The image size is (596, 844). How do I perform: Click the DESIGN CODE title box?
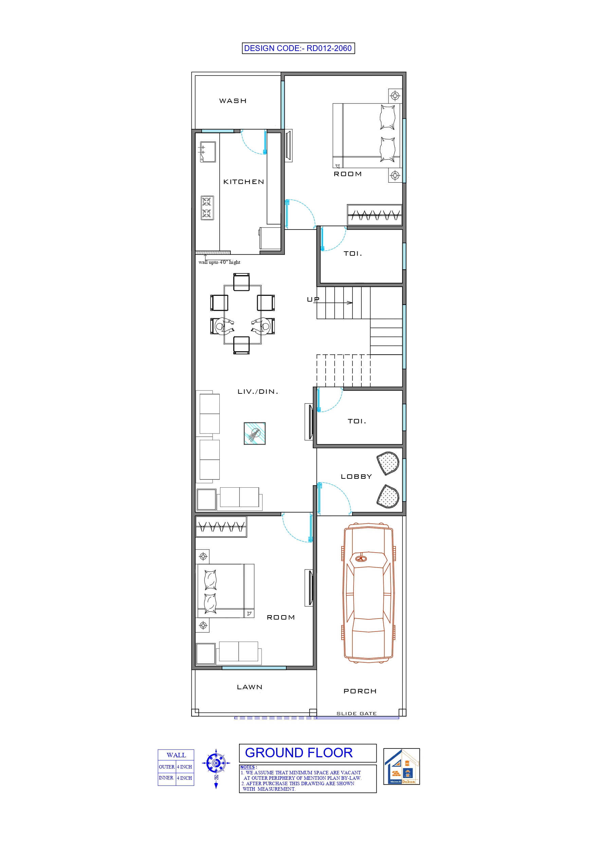(x=298, y=48)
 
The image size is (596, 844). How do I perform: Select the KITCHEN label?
(x=243, y=182)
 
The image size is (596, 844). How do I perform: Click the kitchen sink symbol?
(x=208, y=152)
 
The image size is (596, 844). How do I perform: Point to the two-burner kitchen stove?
(x=207, y=208)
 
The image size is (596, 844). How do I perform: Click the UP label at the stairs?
(x=313, y=300)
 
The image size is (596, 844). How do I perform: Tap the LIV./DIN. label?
(x=258, y=391)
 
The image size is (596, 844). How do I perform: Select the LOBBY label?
(x=356, y=476)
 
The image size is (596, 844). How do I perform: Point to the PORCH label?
(x=360, y=691)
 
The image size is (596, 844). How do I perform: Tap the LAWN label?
(x=249, y=687)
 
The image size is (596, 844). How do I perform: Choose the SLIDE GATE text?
(x=357, y=713)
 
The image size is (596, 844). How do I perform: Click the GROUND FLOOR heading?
(x=299, y=753)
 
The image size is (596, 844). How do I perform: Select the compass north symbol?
(x=216, y=764)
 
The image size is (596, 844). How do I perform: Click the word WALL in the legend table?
(x=176, y=755)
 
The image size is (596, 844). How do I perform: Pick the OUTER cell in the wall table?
(x=167, y=767)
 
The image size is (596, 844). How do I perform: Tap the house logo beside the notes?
(x=401, y=766)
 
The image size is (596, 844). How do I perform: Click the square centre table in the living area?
(x=254, y=434)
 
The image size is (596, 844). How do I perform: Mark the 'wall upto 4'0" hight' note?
(x=219, y=262)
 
